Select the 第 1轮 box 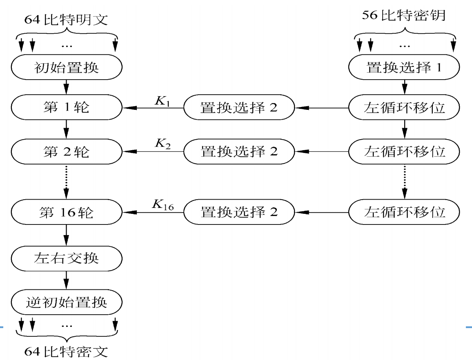[66, 108]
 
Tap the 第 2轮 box [66, 152]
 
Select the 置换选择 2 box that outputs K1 [239, 108]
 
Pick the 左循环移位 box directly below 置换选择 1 [404, 108]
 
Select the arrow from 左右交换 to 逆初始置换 [66, 280]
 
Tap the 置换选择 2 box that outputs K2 [239, 152]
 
